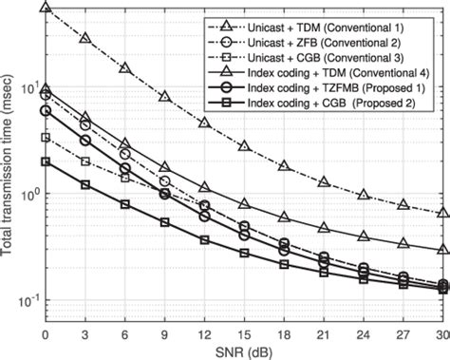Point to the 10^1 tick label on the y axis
tap(27, 88)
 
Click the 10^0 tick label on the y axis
tap(27, 195)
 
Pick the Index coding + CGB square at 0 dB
tap(46, 161)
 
